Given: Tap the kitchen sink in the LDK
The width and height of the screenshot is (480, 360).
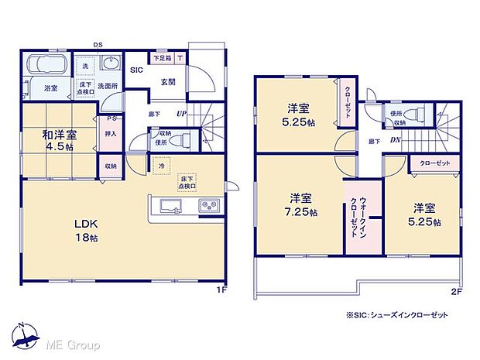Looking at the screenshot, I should pos(170,206).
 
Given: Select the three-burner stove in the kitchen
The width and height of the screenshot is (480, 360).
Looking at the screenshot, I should pos(208,206).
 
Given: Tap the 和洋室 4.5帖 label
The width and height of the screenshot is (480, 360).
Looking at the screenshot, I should pos(59,140).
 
